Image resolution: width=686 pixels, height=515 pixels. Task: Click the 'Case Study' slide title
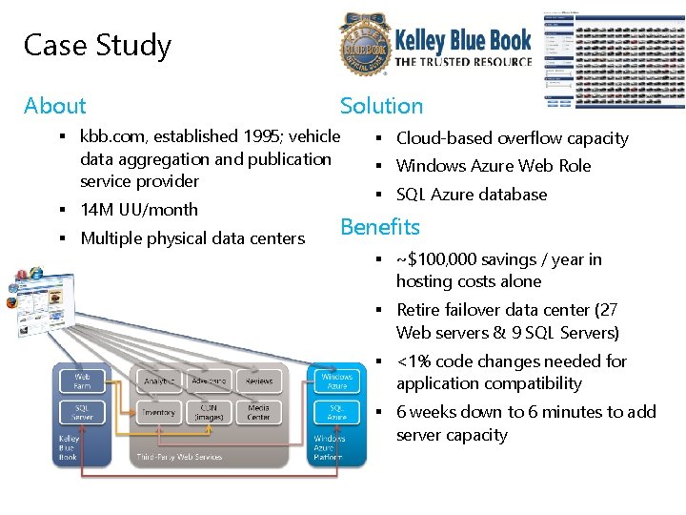(97, 45)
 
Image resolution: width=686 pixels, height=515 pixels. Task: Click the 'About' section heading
(54, 106)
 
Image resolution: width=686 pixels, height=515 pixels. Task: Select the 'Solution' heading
(381, 106)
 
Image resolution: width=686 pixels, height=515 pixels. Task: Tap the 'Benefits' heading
(379, 227)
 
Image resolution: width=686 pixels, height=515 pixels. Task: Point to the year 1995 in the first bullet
(252, 136)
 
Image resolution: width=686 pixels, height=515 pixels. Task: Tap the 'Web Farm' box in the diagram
(82, 381)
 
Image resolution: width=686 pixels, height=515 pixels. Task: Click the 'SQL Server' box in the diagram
(82, 412)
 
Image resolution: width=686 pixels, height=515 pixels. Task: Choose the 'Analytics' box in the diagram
(158, 381)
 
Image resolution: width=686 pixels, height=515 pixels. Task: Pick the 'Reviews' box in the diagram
(258, 381)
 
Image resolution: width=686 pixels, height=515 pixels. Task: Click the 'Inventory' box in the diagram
(158, 412)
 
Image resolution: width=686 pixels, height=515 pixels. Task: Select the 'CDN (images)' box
(209, 412)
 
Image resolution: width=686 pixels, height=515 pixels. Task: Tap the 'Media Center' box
(258, 412)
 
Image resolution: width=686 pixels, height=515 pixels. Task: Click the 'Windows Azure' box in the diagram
(336, 381)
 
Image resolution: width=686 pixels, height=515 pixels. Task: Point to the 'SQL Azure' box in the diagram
(336, 412)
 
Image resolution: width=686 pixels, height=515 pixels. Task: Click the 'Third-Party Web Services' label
(179, 457)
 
